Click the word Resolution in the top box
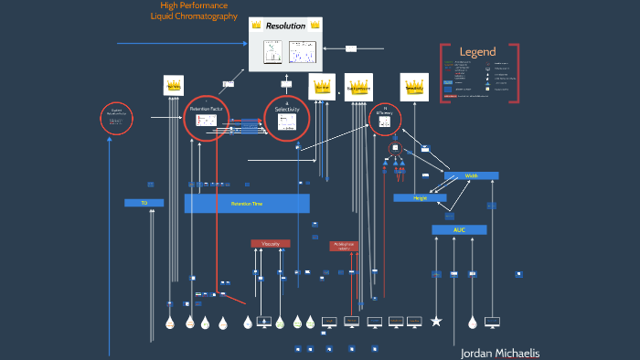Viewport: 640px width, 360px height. point(285,26)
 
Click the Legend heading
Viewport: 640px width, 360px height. point(477,52)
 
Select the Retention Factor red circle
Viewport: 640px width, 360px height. point(207,118)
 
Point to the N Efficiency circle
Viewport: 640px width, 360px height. point(386,120)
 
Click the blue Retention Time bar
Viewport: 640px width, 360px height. point(247,204)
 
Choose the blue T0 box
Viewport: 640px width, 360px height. point(144,203)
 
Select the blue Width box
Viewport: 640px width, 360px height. point(471,175)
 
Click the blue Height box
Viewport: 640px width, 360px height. point(420,197)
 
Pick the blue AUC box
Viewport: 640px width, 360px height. point(459,229)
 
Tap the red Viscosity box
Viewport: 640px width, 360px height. point(270,244)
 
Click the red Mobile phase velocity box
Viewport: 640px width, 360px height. point(344,246)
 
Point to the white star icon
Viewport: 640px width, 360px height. point(436,321)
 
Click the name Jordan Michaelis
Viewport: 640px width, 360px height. point(499,353)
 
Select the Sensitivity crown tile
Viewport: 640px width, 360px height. point(414,87)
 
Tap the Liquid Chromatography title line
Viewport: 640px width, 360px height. point(194,16)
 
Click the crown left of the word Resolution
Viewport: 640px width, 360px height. point(257,26)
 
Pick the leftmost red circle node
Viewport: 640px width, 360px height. point(116,119)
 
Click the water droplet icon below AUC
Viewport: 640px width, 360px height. point(472,323)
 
